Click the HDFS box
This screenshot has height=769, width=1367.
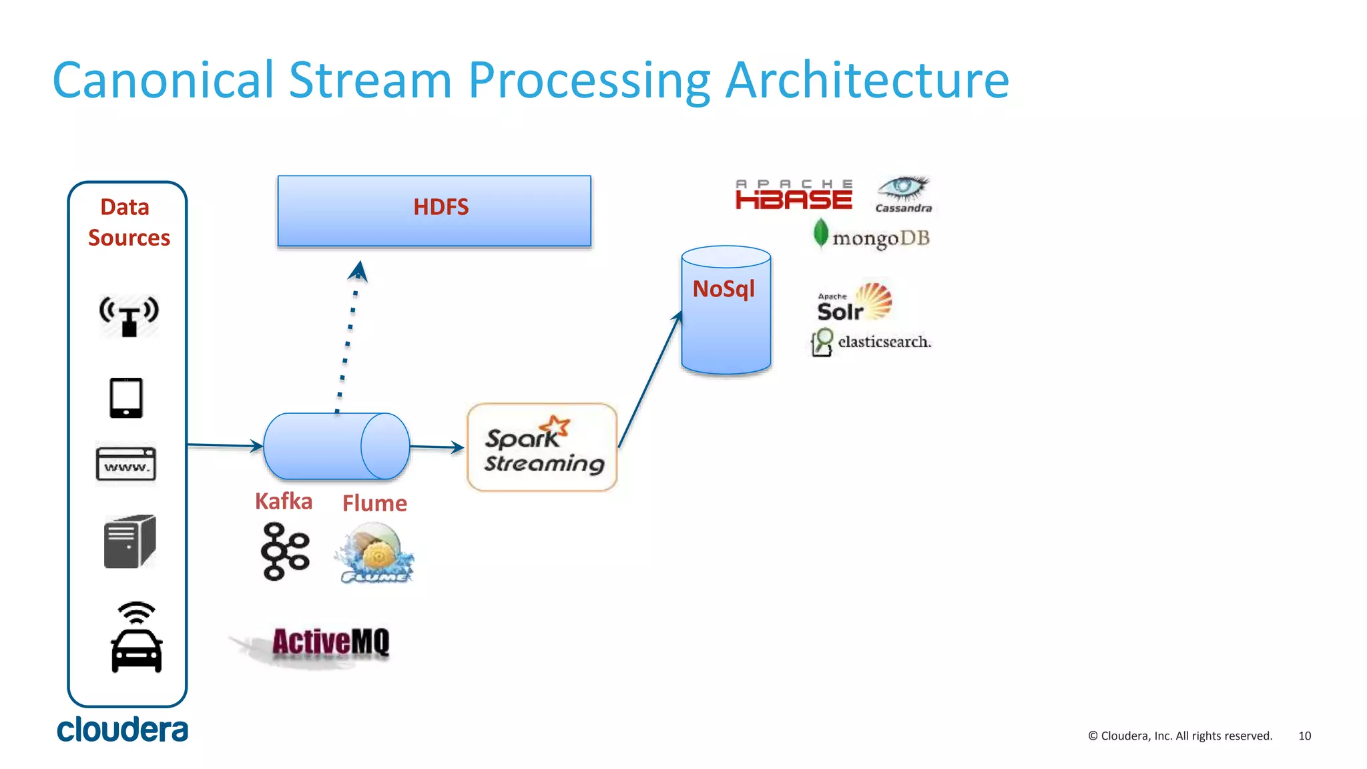(434, 211)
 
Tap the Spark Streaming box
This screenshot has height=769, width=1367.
(542, 448)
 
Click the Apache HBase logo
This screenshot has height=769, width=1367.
(794, 194)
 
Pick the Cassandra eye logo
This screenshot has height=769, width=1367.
(903, 194)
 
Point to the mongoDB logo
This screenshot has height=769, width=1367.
(872, 236)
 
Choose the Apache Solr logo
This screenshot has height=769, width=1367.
(854, 302)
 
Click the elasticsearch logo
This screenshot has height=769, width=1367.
(870, 342)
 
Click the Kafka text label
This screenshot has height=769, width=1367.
(284, 501)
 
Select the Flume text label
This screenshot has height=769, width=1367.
(374, 503)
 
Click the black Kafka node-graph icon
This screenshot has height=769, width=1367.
(285, 551)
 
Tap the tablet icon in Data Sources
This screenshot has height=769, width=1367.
(126, 398)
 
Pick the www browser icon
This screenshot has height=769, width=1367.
(126, 464)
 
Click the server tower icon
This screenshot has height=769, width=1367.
(129, 541)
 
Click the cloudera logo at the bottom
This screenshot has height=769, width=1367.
(122, 730)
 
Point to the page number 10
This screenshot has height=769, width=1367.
(1304, 736)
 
